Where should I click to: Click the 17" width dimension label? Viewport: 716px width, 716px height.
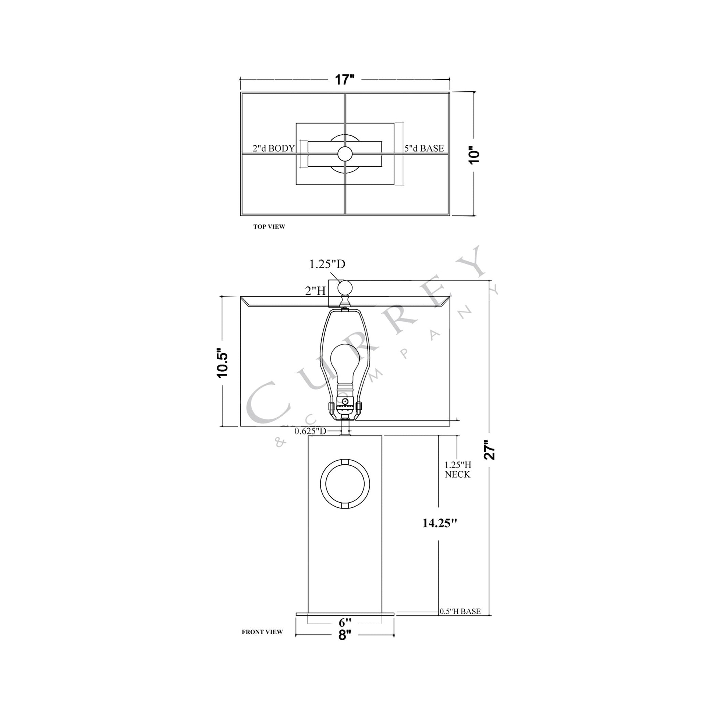click(x=345, y=80)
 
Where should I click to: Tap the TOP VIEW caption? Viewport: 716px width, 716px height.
click(x=269, y=227)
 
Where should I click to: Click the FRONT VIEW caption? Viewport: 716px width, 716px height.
click(x=262, y=632)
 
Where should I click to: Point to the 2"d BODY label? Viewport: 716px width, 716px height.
click(x=273, y=149)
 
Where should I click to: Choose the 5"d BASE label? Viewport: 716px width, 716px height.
click(x=424, y=149)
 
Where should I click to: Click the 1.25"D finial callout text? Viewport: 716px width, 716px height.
click(x=327, y=264)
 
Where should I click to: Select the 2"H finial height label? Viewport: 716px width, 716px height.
click(x=315, y=291)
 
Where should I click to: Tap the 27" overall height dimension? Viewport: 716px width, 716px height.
click(x=490, y=450)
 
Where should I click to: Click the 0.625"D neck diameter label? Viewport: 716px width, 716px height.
click(x=310, y=431)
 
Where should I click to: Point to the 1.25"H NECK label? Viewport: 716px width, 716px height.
click(x=458, y=469)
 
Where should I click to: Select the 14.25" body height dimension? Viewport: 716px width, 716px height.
click(x=440, y=523)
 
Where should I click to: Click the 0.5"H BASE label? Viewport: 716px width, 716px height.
click(x=460, y=612)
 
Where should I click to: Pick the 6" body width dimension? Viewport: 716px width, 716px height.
click(x=345, y=623)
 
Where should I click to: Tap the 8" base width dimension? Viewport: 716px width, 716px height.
click(x=344, y=635)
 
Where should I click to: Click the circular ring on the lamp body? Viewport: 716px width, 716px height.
click(x=345, y=485)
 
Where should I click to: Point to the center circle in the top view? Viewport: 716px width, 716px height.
click(x=345, y=153)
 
